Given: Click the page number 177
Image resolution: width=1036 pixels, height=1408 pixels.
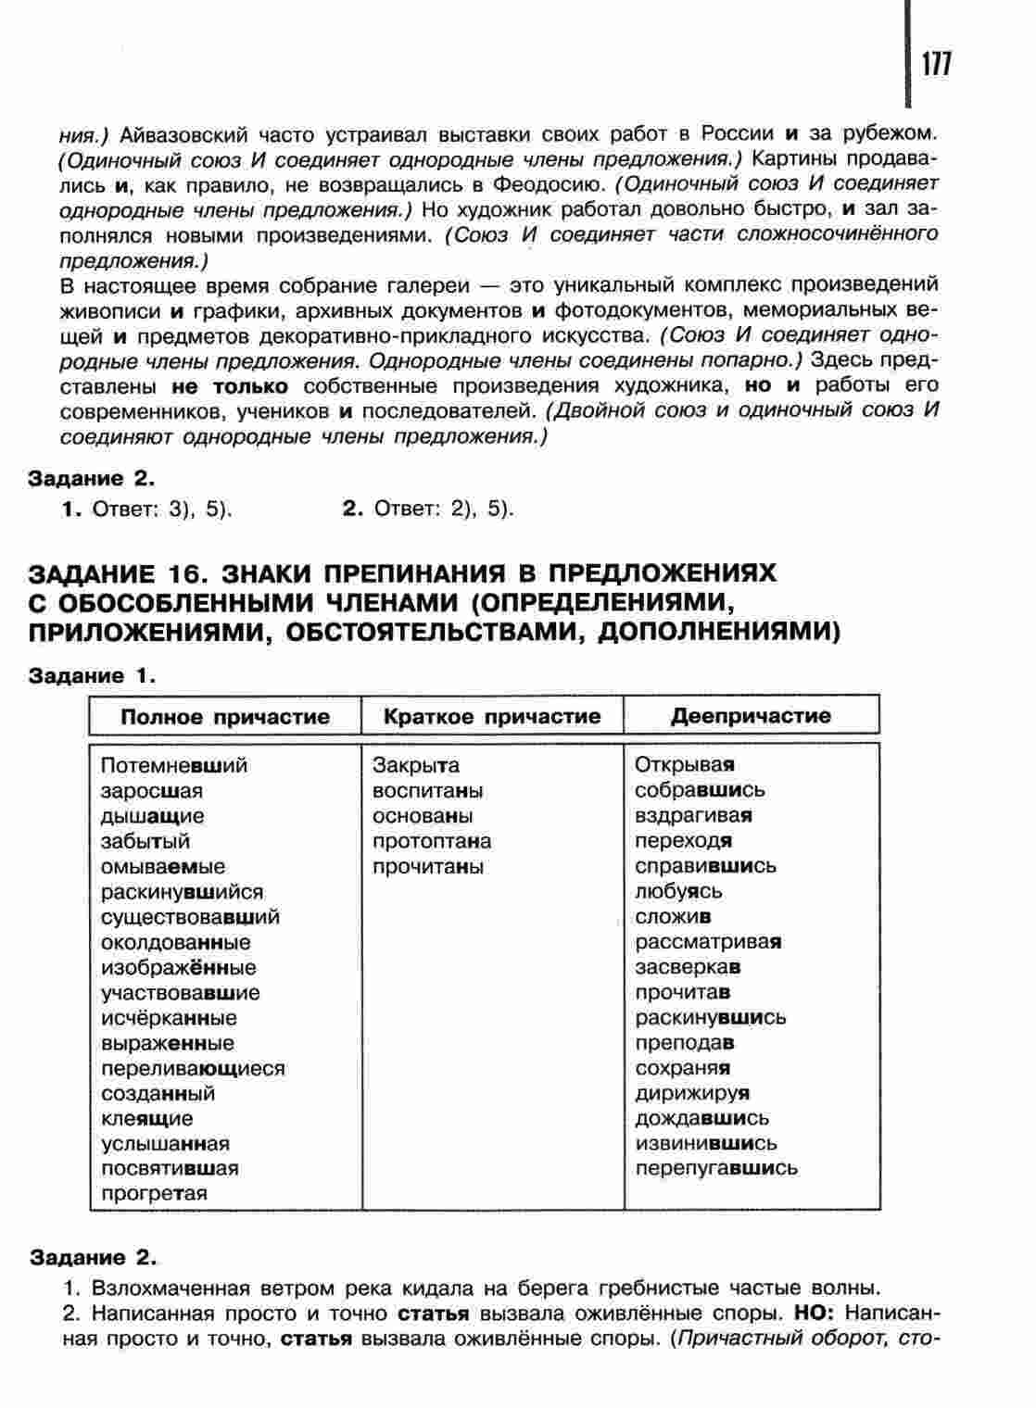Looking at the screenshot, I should (x=935, y=64).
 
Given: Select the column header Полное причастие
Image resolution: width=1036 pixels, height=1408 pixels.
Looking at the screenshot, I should (x=225, y=716).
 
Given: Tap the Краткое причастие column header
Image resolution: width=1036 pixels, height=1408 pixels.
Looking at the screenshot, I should (x=492, y=716).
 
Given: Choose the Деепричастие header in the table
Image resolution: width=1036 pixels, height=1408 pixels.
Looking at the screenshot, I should (x=751, y=715).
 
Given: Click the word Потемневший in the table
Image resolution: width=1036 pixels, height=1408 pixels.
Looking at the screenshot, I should (x=174, y=766).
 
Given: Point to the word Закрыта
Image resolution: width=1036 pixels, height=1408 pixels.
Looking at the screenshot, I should (x=416, y=766).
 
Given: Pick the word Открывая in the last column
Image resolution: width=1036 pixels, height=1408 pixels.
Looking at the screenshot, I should (x=685, y=765).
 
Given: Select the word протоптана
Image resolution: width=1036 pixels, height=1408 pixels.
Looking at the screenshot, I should (x=432, y=841).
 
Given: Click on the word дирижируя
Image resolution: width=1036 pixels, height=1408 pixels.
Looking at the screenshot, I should (x=692, y=1093).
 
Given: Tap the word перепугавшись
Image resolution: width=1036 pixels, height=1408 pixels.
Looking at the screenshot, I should (x=715, y=1168).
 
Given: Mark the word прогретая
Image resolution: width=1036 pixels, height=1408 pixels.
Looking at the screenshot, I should (x=154, y=1193).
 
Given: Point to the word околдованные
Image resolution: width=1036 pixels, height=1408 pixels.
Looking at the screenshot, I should (x=176, y=942).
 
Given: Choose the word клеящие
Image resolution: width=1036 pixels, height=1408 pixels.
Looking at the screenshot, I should (x=147, y=1118).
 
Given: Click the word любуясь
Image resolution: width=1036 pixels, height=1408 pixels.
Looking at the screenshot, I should (x=678, y=891).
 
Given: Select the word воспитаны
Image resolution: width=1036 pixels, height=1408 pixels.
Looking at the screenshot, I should (x=427, y=791).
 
